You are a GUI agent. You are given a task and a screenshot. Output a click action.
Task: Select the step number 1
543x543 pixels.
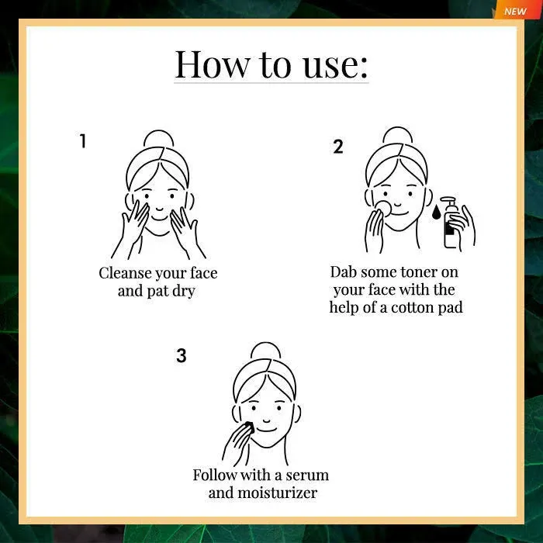click(82, 141)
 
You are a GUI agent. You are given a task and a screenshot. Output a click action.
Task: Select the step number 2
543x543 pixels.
click(338, 147)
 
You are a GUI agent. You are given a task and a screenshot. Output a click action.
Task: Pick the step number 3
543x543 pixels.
click(181, 355)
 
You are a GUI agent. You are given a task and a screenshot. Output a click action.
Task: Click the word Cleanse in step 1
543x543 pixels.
click(126, 273)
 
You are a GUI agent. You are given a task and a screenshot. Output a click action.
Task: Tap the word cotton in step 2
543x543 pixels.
click(412, 307)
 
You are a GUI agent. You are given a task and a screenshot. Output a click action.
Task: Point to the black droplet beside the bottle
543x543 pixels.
click(436, 213)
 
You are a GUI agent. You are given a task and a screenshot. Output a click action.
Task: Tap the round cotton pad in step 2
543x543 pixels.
click(383, 208)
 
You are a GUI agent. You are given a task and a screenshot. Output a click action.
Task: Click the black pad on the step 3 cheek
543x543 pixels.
click(249, 427)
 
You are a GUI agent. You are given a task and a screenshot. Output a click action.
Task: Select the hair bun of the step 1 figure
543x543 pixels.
click(158, 138)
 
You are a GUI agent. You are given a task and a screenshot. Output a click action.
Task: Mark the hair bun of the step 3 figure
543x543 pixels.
click(265, 350)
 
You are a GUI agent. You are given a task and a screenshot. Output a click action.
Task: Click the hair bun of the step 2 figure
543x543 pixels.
click(398, 135)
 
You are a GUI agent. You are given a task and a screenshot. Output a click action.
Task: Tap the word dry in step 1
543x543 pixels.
click(184, 291)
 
